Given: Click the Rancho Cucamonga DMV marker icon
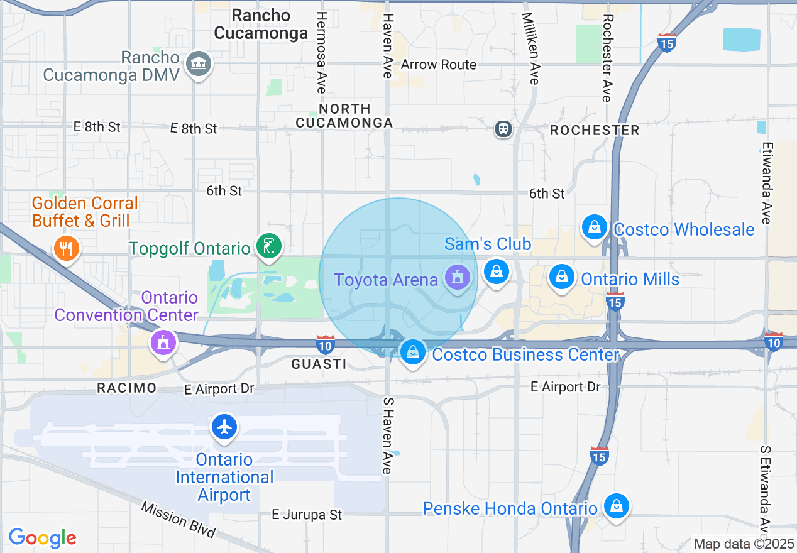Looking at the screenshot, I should click(199, 63).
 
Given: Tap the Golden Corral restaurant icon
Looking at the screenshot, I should click(65, 248).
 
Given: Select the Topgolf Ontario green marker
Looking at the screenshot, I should click(269, 244).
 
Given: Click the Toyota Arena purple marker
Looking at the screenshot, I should click(458, 276).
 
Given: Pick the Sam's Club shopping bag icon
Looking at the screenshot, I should click(497, 272).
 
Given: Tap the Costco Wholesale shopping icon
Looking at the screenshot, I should click(595, 227).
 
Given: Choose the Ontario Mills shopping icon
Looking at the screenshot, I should click(562, 276).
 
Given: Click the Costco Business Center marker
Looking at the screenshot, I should click(412, 353).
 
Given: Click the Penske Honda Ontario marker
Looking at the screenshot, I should click(617, 506).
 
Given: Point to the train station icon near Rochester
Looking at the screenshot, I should click(503, 129).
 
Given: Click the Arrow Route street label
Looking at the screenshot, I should click(439, 65).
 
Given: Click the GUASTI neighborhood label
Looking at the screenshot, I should click(319, 364).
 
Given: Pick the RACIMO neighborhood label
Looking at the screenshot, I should click(126, 388).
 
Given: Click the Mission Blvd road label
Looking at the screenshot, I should click(178, 519).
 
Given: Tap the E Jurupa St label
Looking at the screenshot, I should click(307, 515).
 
